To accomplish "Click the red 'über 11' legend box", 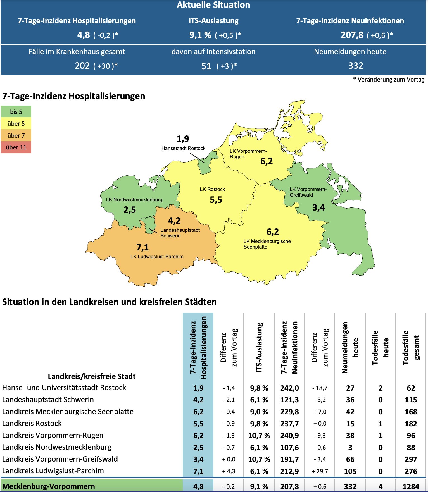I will coord(16,147).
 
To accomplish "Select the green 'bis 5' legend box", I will coord(16,112).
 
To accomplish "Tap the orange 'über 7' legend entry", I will coord(16,135).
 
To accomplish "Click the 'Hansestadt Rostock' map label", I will coord(183,148).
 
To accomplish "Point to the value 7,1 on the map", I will coord(142,247).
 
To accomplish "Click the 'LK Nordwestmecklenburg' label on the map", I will coord(134,200).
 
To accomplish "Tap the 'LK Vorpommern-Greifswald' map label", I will coord(308,192).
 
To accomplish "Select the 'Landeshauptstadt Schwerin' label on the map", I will coord(180,233).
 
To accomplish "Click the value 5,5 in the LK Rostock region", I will coord(216,200).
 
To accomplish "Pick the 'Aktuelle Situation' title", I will coord(213,5).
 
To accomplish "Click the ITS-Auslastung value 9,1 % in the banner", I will coord(200,35).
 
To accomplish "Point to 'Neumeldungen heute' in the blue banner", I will coord(350,52).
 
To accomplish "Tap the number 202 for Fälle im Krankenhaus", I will coord(82,66).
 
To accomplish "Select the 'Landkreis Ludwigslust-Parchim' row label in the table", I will coord(53,471).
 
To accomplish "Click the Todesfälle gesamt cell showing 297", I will coord(411,459).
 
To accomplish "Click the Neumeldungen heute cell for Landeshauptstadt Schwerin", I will coord(350,400).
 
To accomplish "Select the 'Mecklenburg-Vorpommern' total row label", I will coord(49,486).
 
